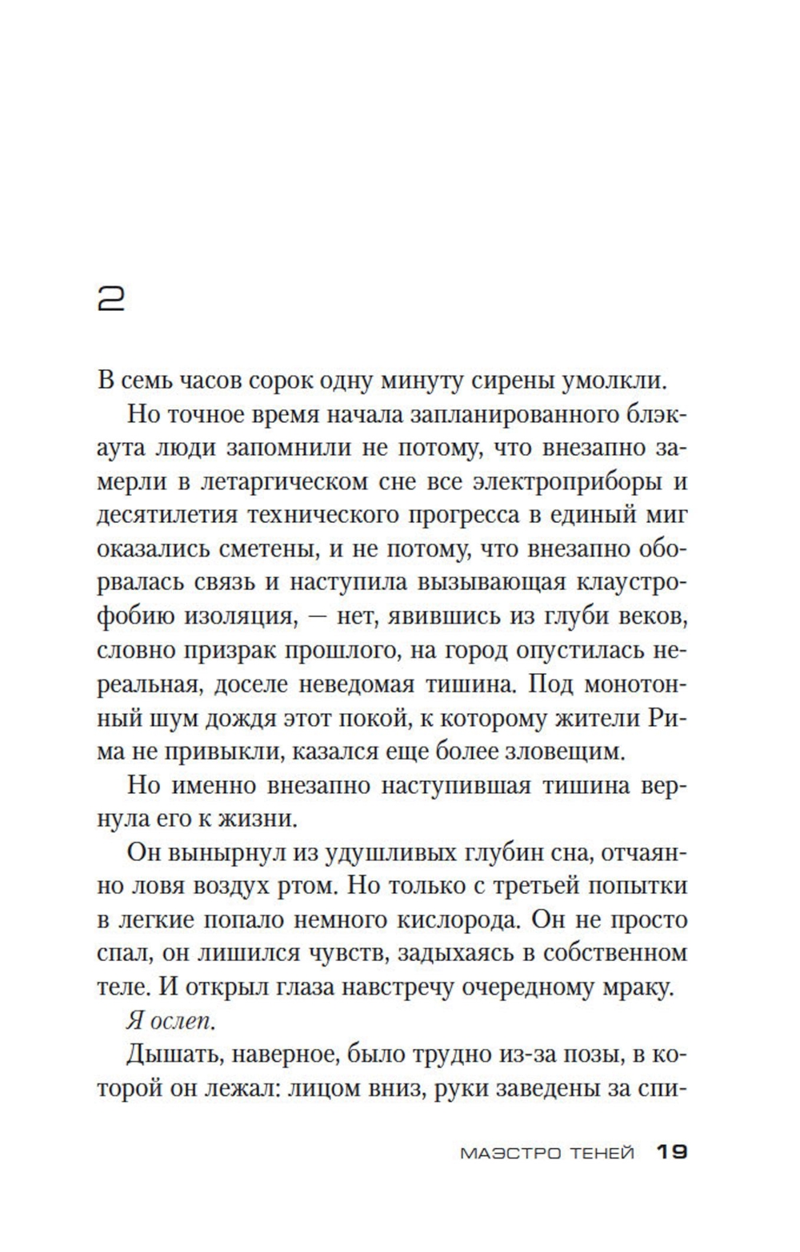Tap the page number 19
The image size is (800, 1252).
click(671, 1152)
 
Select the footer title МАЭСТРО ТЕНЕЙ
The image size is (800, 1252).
click(547, 1153)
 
